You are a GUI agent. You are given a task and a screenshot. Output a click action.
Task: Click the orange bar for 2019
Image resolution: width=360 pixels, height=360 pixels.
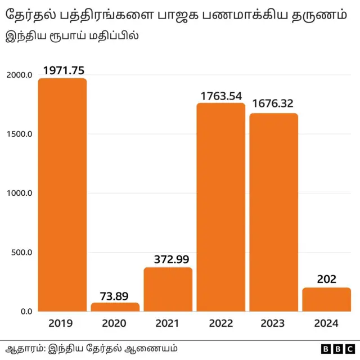[x=62, y=195]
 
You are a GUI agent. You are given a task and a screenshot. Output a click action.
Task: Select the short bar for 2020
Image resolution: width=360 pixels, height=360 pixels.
[x=115, y=307]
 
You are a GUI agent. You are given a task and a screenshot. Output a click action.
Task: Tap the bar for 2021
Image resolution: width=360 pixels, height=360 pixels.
[x=168, y=289]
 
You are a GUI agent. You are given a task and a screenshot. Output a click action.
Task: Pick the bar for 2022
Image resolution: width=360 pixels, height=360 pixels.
[x=220, y=207]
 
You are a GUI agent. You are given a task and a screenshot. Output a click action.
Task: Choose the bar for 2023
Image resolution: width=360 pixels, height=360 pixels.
[x=273, y=212]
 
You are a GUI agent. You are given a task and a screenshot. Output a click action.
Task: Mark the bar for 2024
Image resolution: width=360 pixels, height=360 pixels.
[x=326, y=299]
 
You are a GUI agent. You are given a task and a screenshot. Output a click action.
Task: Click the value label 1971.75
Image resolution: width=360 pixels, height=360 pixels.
[x=63, y=70]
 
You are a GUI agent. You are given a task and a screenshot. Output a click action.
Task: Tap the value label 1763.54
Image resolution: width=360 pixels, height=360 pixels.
[x=221, y=96]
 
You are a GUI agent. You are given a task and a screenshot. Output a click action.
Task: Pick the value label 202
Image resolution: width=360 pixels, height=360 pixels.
[x=326, y=280]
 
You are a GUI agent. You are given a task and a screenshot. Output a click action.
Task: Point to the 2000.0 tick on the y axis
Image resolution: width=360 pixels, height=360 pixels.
[x=19, y=75]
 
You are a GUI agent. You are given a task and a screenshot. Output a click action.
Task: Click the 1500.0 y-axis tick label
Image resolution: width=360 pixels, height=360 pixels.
[x=19, y=134]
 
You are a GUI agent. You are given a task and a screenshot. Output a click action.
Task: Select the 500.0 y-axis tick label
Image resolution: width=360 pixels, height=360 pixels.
[x=21, y=253]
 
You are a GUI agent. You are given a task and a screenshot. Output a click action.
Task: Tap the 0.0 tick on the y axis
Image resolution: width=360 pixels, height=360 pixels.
[x=26, y=312]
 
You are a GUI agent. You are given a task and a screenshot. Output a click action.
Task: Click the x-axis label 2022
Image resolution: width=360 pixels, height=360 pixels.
[x=220, y=324]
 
